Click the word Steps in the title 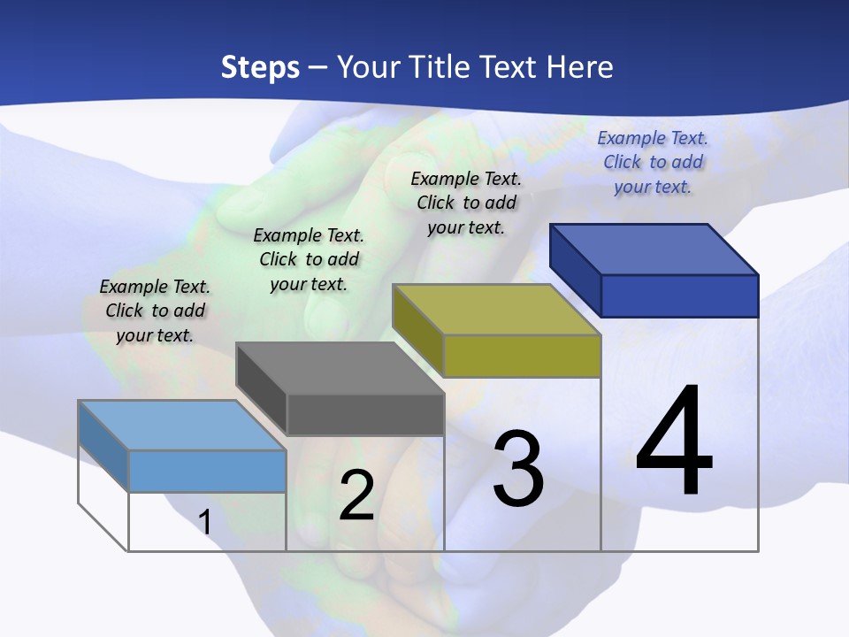pyautogui.click(x=260, y=67)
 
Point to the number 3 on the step pyautogui.click(x=518, y=469)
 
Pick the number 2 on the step pyautogui.click(x=356, y=495)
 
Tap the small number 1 pyautogui.click(x=205, y=522)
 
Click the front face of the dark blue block pyautogui.click(x=679, y=295)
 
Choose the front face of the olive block pyautogui.click(x=522, y=356)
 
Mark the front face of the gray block pyautogui.click(x=365, y=415)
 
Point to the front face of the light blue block pyautogui.click(x=207, y=471)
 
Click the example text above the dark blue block pyautogui.click(x=653, y=162)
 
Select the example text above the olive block pyautogui.click(x=466, y=203)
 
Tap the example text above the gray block pyautogui.click(x=309, y=259)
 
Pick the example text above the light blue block pyautogui.click(x=155, y=311)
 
